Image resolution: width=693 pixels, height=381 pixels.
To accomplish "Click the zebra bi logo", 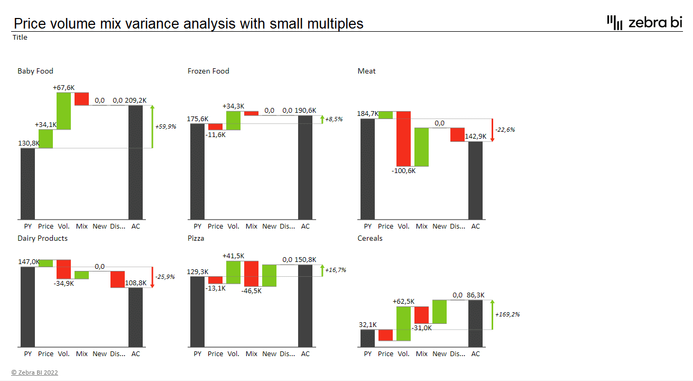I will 644,22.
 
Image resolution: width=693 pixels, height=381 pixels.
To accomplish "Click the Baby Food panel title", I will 35,71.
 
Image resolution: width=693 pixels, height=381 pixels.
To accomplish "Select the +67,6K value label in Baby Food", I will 63,87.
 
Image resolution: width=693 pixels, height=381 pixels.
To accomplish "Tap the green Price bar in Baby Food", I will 46,139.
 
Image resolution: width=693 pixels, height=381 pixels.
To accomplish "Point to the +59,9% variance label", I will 165,127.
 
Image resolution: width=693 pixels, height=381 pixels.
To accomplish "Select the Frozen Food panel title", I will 208,71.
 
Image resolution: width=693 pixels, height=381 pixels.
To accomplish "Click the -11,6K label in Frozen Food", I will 216,135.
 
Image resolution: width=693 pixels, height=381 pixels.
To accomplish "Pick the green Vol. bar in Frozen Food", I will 233,121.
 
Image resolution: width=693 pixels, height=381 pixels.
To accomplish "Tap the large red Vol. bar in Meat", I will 404,139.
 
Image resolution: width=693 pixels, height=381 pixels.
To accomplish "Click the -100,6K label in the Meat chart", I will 404,171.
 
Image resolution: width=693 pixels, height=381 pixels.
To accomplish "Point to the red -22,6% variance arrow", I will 492,130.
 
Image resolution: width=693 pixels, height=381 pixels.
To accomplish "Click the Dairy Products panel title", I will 42,238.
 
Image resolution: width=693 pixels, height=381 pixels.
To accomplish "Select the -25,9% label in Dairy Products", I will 165,277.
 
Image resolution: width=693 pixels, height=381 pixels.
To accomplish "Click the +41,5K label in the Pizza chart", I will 233,256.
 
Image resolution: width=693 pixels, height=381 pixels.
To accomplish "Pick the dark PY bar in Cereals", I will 368,338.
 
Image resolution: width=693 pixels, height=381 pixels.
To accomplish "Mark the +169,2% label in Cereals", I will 507,314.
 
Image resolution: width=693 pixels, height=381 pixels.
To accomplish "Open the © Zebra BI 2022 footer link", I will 35,373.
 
